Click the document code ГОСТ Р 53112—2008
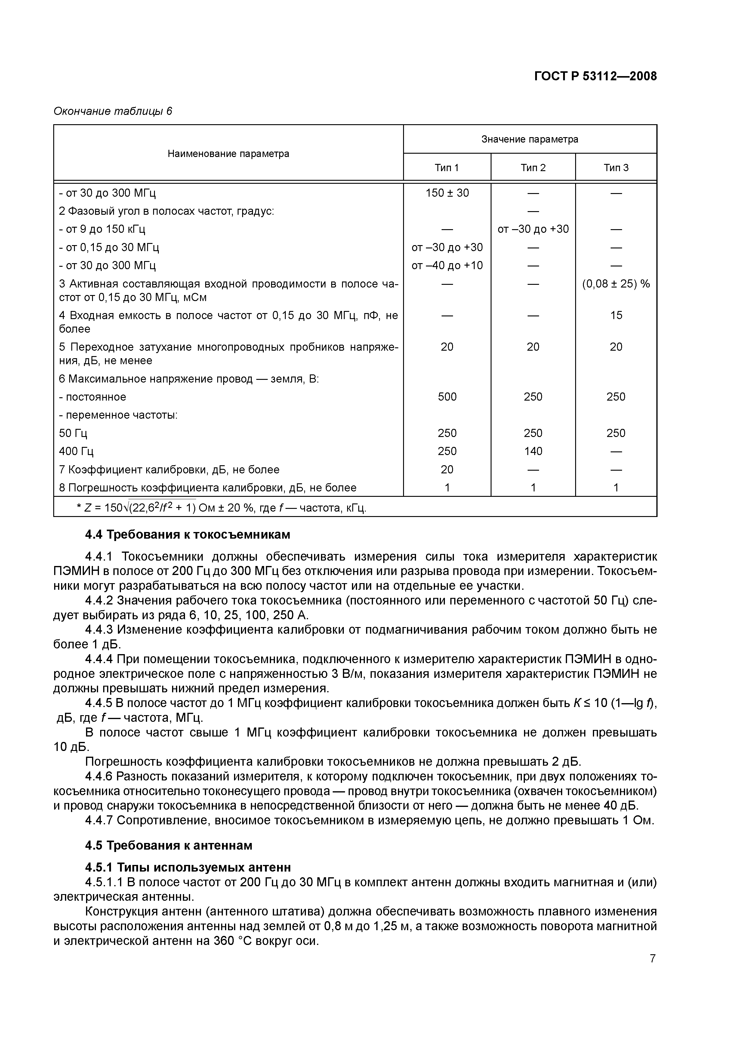[x=595, y=76]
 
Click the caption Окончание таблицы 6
[x=113, y=111]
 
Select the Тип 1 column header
[x=446, y=168]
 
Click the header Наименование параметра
[x=228, y=153]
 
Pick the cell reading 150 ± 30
[x=447, y=193]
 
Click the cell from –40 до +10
[x=447, y=266]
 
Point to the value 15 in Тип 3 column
[x=616, y=315]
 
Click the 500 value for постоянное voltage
[x=447, y=397]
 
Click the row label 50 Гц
[x=73, y=433]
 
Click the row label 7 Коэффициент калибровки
[x=169, y=469]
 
